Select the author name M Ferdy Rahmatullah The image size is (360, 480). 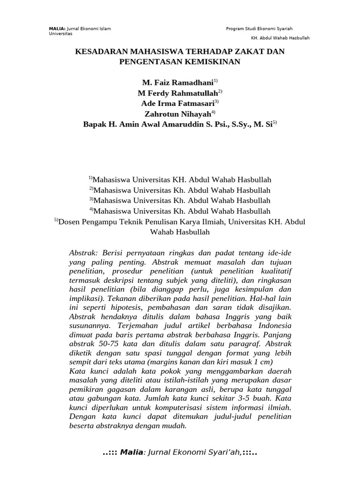coord(177,93)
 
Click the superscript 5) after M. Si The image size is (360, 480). coord(275,123)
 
